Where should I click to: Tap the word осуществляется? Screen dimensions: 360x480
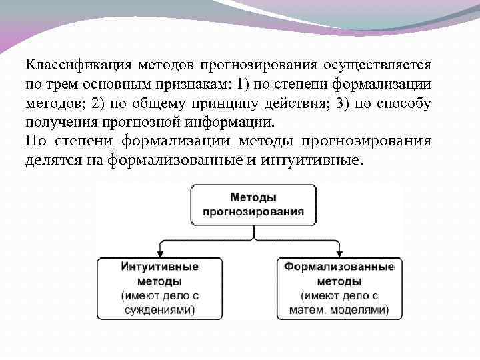[378, 66]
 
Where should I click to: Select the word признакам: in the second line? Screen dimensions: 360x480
[196, 85]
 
